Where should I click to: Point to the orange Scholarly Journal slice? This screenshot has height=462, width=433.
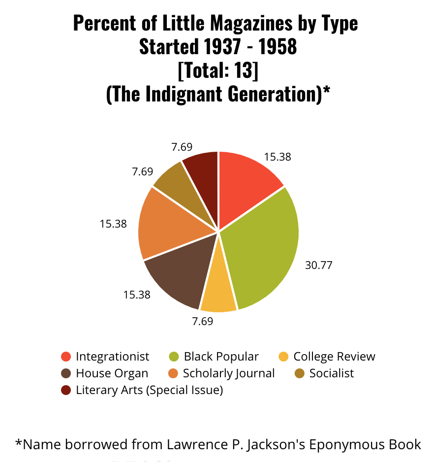[x=165, y=224]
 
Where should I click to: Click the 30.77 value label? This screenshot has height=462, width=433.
[x=319, y=265]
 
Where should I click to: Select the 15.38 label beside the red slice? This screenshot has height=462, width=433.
[x=278, y=157]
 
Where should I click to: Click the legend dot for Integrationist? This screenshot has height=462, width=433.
[x=66, y=357]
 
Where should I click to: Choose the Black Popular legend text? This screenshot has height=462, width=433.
[x=221, y=357]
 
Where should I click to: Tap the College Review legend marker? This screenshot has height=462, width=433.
[x=283, y=357]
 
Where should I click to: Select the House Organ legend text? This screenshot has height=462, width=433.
[x=112, y=373]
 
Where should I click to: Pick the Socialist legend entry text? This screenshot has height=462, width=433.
[x=331, y=373]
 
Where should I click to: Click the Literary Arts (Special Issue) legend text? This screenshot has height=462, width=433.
[x=149, y=390]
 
